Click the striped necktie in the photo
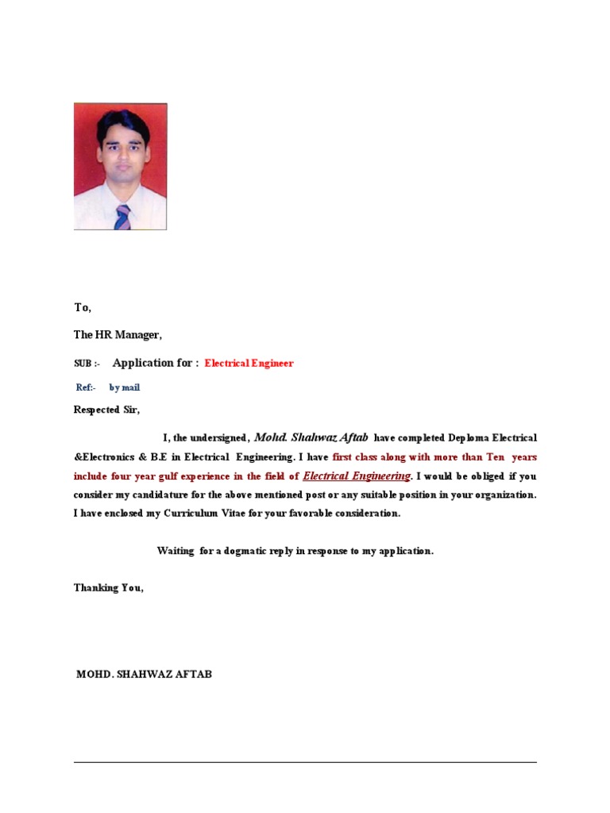[x=122, y=217]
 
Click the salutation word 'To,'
[x=83, y=307]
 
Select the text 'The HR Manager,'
[x=118, y=335]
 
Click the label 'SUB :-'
[x=87, y=364]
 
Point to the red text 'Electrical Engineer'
[x=249, y=364]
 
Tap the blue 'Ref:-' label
[x=86, y=387]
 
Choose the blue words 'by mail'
[x=125, y=387]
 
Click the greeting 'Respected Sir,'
[x=106, y=410]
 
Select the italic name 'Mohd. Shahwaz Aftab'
[x=311, y=437]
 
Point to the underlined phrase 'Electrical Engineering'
[x=357, y=476]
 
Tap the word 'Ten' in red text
[x=496, y=457]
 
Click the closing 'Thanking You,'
[x=109, y=588]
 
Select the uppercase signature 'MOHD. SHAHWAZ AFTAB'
[x=144, y=675]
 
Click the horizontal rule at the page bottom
[x=305, y=762]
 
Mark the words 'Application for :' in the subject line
[x=156, y=363]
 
